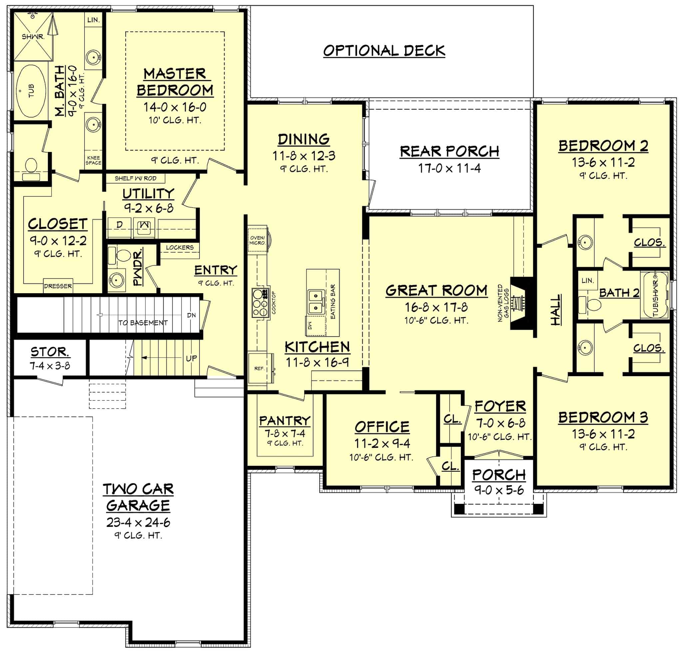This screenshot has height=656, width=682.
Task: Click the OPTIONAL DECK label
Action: (x=384, y=51)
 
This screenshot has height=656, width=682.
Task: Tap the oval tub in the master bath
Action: (x=31, y=91)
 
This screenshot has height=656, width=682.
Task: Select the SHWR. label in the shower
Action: (x=33, y=36)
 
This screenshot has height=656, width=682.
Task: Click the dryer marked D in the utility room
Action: (x=119, y=225)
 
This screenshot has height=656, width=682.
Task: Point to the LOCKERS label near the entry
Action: (x=179, y=248)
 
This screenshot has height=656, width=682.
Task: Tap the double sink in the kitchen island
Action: (x=316, y=302)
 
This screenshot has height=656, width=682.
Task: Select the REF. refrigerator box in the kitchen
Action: (x=259, y=368)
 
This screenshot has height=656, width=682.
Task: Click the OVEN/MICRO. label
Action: (x=257, y=240)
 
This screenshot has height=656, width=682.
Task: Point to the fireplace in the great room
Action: (x=521, y=303)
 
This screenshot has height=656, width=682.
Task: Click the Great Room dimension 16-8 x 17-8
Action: (x=436, y=307)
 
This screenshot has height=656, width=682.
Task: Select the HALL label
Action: (x=556, y=310)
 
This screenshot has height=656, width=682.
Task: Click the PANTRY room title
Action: (x=285, y=421)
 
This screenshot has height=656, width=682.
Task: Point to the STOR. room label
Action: (x=50, y=352)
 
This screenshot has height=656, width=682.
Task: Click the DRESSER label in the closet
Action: (x=58, y=286)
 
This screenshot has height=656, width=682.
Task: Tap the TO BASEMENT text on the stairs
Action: (x=143, y=323)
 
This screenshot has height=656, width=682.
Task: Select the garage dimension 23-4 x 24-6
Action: (x=138, y=522)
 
